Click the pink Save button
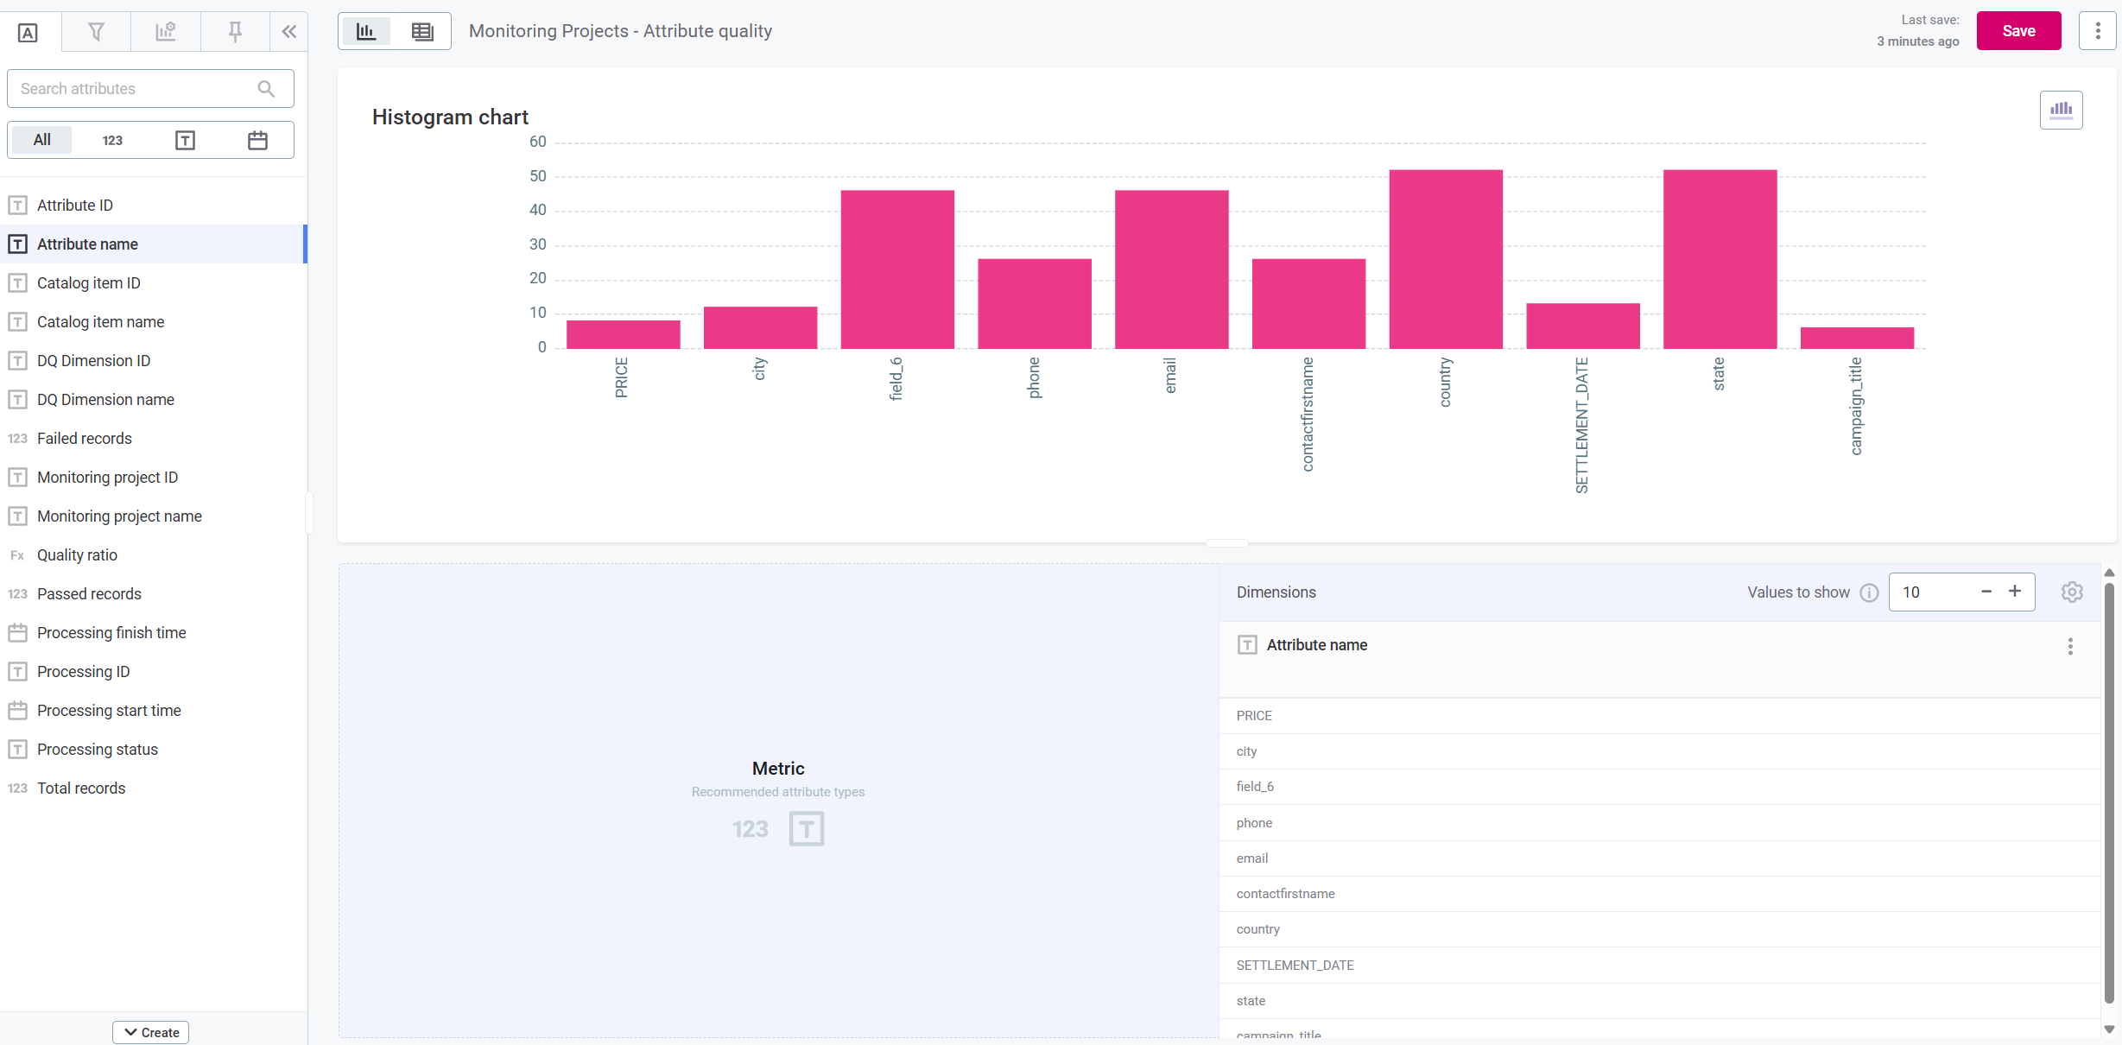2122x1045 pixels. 2017,31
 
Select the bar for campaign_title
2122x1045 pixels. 1856,339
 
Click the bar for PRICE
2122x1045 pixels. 623,335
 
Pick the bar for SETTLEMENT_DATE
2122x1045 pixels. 1582,326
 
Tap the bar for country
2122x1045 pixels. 1445,259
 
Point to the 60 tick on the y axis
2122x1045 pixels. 537,142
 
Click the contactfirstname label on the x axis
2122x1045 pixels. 1308,415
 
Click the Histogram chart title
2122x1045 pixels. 450,117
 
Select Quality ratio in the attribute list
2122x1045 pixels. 77,555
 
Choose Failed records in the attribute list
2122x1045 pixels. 84,439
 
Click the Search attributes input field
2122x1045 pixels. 134,89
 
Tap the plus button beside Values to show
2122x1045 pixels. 2014,592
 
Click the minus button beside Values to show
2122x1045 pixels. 1986,592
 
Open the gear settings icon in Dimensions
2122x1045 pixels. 2071,592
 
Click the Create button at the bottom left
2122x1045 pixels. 151,1032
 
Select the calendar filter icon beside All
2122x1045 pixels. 257,141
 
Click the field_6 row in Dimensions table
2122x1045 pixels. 1255,787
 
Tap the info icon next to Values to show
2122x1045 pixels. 1869,592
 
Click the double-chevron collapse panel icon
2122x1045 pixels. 289,32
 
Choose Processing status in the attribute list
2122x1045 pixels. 97,750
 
